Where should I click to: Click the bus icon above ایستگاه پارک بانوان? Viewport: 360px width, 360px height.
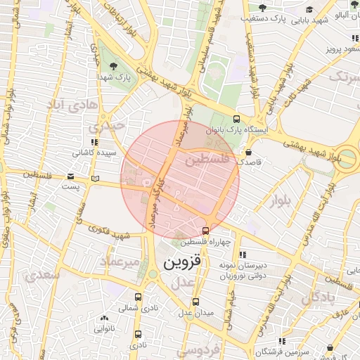tap(236, 119)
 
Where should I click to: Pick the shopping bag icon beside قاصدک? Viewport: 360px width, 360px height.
tap(249, 152)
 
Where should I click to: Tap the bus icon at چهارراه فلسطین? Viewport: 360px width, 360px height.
tap(205, 230)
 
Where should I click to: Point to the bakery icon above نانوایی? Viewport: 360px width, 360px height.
tap(98, 317)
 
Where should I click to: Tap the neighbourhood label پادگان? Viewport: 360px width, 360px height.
tap(321, 298)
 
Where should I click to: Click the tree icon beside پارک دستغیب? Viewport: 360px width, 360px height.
tap(262, 8)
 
